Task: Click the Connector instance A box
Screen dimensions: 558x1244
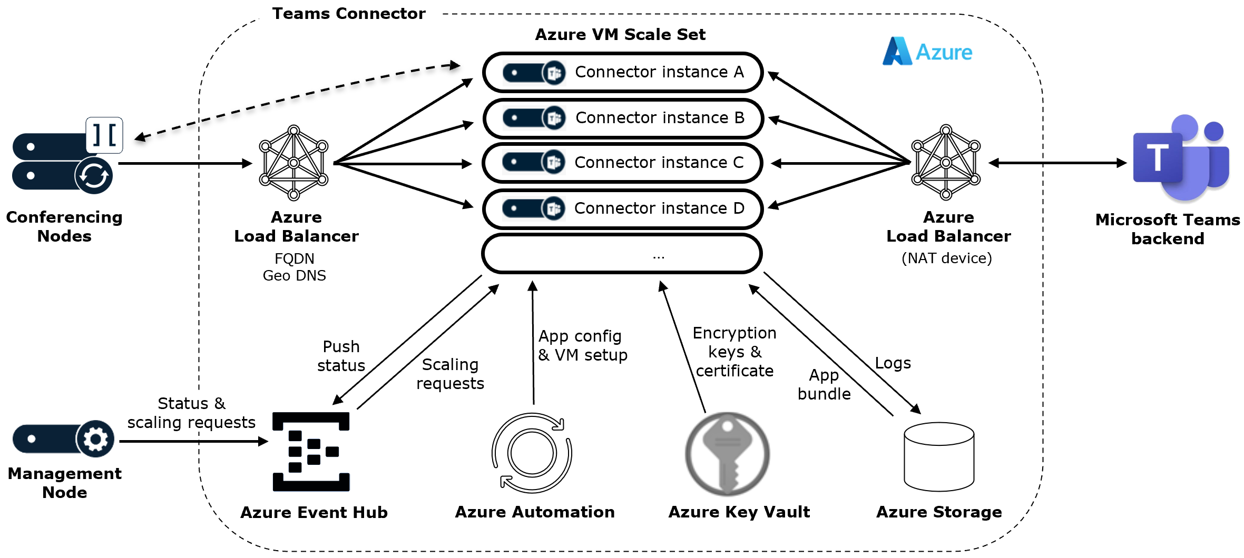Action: [622, 72]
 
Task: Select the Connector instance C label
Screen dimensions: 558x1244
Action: [659, 163]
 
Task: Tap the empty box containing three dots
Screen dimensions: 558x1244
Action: [622, 254]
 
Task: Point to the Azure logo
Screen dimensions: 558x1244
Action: [927, 52]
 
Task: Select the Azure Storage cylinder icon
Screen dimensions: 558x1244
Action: [939, 456]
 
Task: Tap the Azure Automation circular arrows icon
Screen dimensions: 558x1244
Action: [532, 453]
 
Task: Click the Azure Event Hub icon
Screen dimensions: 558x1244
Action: [311, 452]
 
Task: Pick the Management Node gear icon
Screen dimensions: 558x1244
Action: [95, 439]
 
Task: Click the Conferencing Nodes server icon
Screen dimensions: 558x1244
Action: [63, 161]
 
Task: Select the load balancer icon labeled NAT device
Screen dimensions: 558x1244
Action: [946, 163]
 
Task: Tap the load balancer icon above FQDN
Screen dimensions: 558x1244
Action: [293, 163]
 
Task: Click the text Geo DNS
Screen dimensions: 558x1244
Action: [294, 276]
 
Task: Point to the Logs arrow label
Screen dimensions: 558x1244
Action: [893, 363]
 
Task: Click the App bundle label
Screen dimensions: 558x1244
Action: [824, 385]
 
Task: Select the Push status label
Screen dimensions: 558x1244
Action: [341, 356]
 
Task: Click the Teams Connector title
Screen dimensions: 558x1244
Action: [348, 14]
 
